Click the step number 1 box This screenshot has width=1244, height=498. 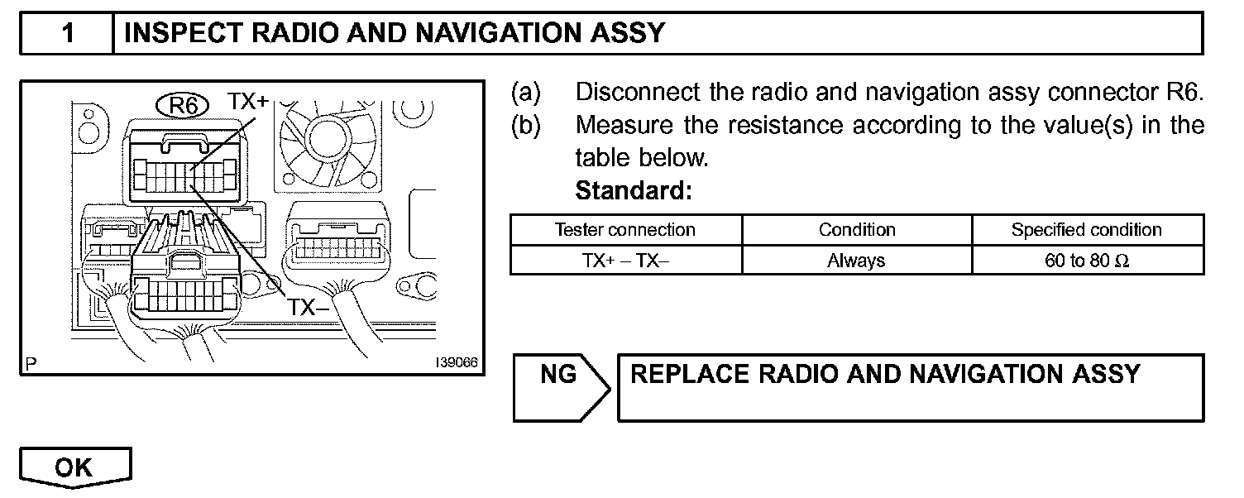tap(67, 33)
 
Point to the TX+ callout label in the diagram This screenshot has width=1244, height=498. tap(248, 103)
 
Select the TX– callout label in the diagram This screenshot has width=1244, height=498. tap(308, 308)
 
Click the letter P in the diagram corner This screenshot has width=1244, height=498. tap(31, 363)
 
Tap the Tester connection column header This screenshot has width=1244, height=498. tap(624, 230)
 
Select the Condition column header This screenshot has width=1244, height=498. tap(857, 230)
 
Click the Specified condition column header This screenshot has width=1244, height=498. tap(1086, 230)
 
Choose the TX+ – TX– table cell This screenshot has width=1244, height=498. tap(624, 261)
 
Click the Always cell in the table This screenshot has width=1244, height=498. tap(856, 261)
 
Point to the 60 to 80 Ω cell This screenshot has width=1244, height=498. tap(1086, 261)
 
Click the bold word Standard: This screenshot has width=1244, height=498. tap(633, 191)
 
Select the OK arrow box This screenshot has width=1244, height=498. tap(74, 467)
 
